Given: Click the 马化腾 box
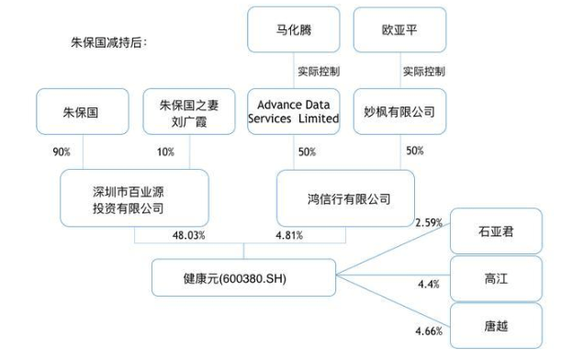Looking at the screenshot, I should click(293, 29).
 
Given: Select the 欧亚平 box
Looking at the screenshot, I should click(399, 29).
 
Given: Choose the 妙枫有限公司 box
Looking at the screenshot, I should click(399, 112).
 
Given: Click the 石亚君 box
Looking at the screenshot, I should click(496, 231).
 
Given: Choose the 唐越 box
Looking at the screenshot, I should click(496, 325).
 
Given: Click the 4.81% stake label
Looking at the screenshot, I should click(289, 236).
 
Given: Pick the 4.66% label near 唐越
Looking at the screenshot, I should click(429, 327).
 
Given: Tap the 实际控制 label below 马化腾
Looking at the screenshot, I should click(318, 71).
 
